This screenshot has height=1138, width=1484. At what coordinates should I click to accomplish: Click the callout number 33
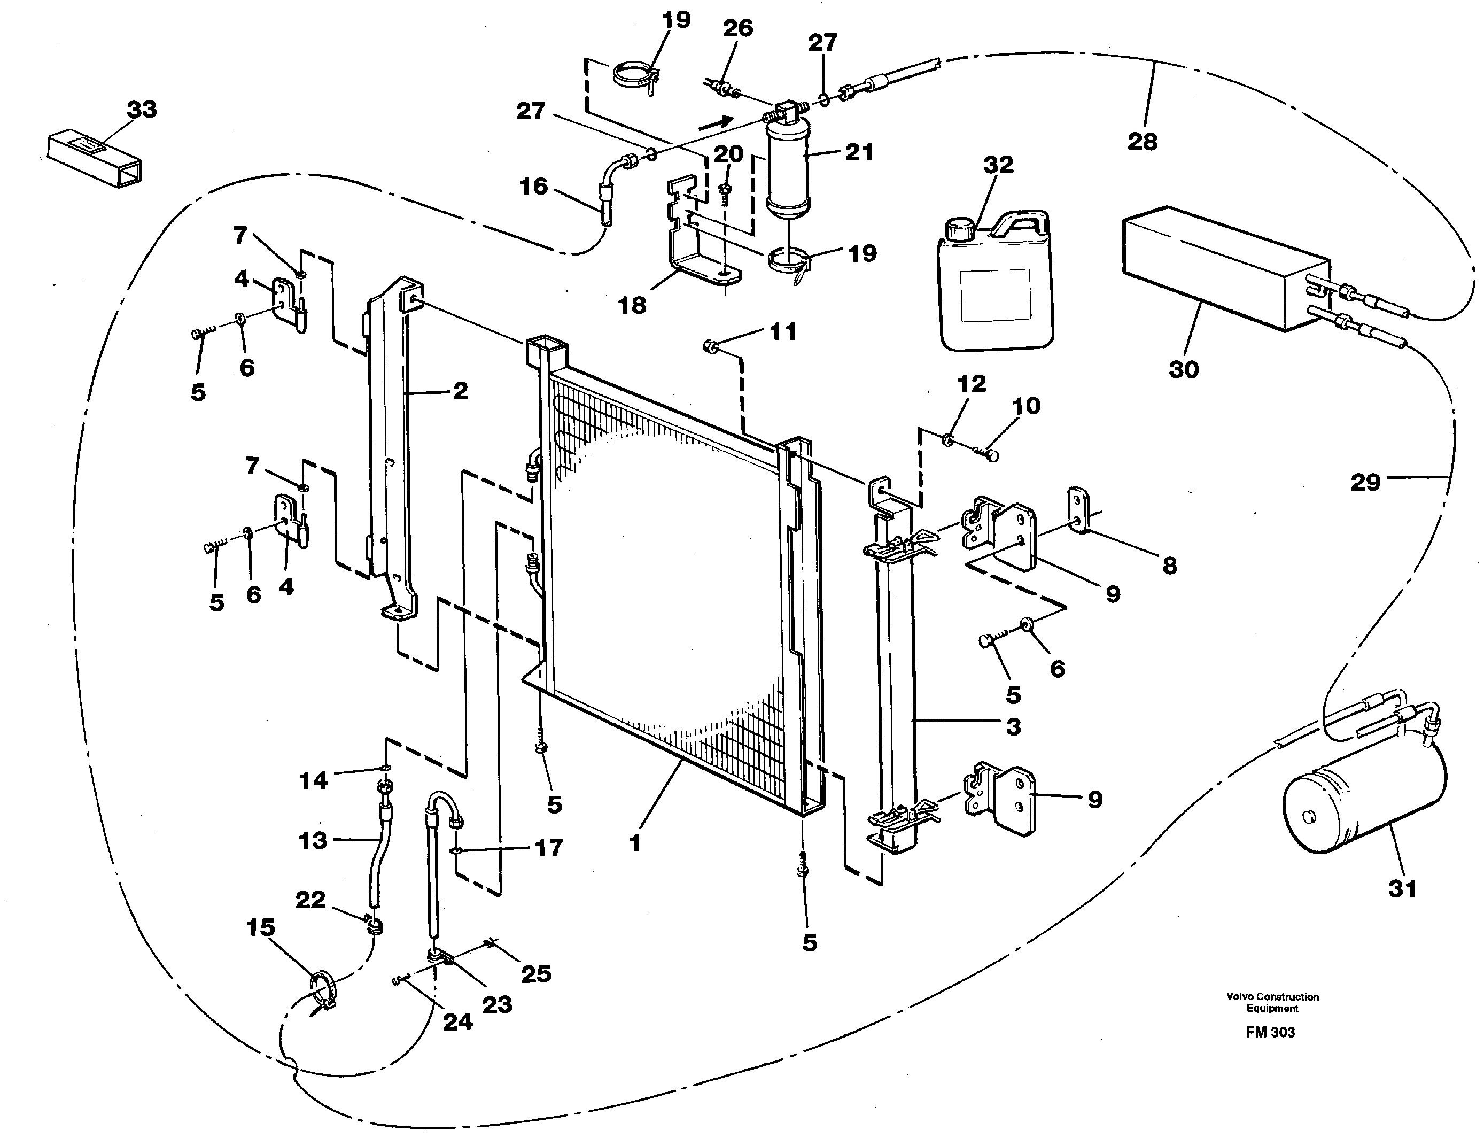click(x=142, y=109)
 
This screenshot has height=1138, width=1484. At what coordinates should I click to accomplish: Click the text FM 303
click(x=1270, y=1032)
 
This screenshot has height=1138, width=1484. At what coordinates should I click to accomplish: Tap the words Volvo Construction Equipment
click(x=1272, y=1002)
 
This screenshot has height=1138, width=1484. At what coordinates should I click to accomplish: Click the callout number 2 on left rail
click(x=460, y=391)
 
